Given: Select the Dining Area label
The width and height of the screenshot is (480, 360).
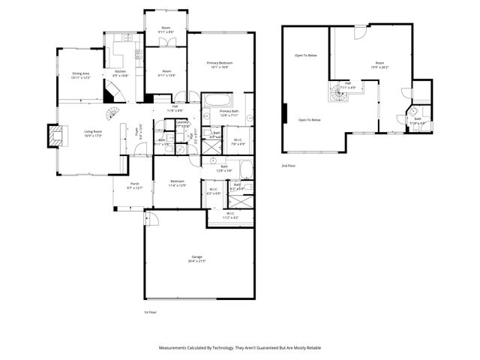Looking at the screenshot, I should (x=81, y=73).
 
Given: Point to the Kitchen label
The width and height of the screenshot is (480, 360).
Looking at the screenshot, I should (x=121, y=71).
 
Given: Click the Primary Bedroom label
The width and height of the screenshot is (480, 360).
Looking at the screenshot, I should (x=220, y=63).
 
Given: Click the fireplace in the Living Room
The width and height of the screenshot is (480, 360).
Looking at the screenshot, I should (x=54, y=136).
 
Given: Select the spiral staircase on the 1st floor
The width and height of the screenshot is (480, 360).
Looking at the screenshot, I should (x=111, y=113).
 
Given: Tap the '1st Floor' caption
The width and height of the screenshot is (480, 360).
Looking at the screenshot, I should (x=150, y=312).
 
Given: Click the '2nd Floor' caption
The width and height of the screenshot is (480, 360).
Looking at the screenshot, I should (x=289, y=165).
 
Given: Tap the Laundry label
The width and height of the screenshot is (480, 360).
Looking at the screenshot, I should (x=182, y=122).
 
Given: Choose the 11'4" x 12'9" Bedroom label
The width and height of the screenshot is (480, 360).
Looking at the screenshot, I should (x=177, y=184).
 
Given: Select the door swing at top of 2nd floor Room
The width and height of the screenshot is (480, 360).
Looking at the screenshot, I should (x=358, y=32).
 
